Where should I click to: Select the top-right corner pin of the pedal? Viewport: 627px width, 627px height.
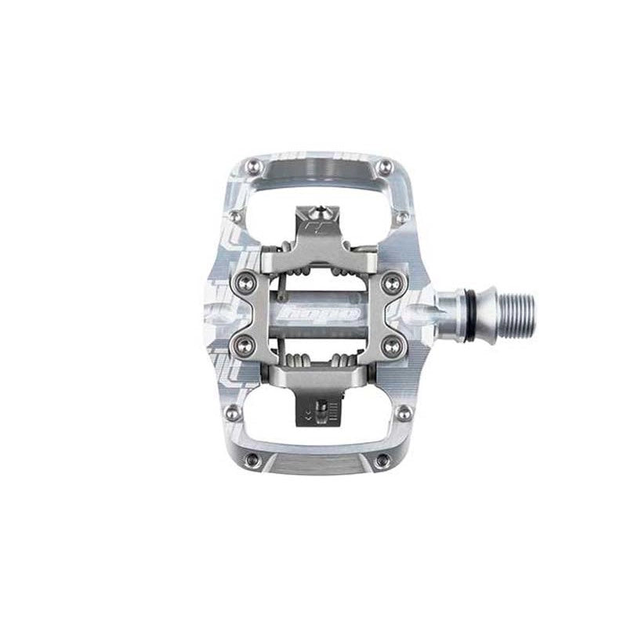pyautogui.click(x=385, y=165)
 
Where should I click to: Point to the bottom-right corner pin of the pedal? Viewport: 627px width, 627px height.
pyautogui.click(x=384, y=461)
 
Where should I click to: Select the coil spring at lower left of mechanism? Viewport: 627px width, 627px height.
pyautogui.click(x=294, y=361)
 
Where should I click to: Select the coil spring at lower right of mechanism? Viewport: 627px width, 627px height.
pyautogui.click(x=342, y=361)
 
